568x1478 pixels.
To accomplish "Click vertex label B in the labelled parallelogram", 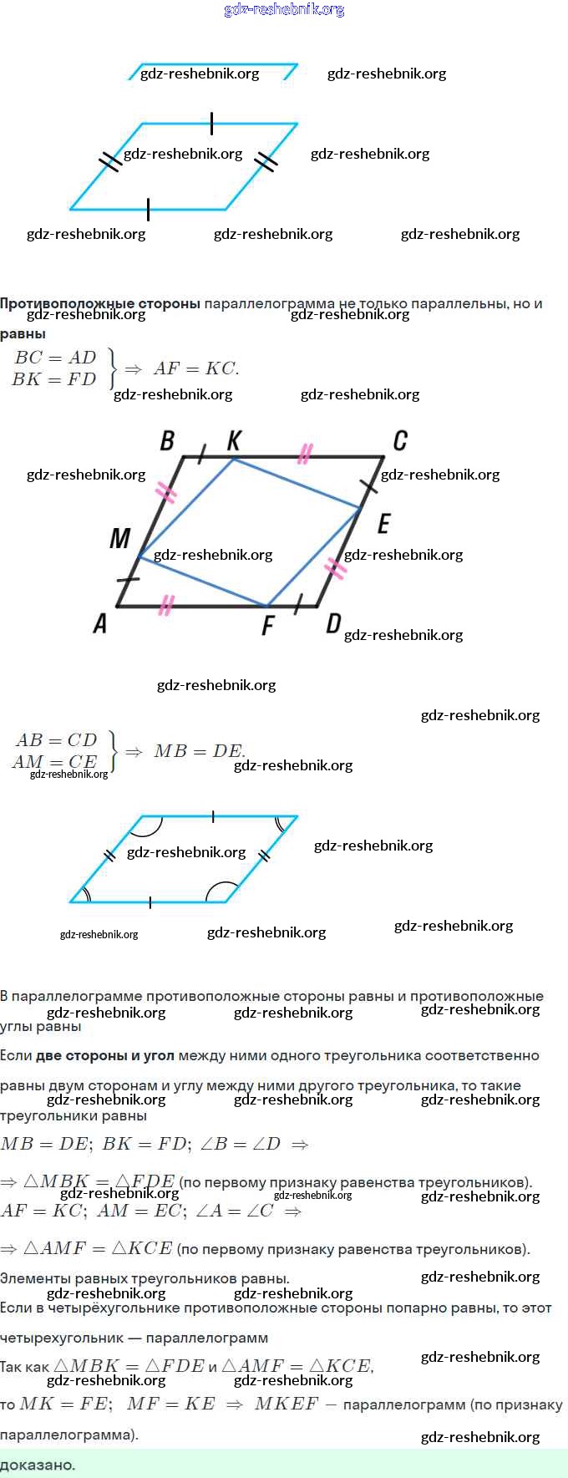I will click(x=167, y=440).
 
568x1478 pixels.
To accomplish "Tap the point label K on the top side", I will click(x=235, y=439).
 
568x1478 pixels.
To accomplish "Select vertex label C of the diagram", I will click(x=400, y=440).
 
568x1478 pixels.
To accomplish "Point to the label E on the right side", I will click(x=383, y=524).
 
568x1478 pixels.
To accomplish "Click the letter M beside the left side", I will click(x=119, y=538).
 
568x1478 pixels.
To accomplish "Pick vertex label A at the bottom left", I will click(x=100, y=623).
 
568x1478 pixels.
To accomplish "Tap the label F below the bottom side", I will click(x=267, y=625).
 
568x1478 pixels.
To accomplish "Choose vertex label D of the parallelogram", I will click(x=333, y=623).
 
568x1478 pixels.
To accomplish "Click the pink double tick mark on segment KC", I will click(x=305, y=454).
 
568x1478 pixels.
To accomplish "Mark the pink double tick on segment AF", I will click(x=166, y=605).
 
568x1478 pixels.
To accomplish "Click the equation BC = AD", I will click(x=56, y=358).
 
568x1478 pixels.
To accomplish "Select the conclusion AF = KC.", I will click(x=196, y=368).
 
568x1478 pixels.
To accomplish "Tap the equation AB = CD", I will click(x=56, y=740).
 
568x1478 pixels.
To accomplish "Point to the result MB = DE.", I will click(x=199, y=751).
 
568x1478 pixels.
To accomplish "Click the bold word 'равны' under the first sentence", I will click(x=23, y=334).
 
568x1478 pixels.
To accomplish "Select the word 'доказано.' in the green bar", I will click(x=38, y=1464).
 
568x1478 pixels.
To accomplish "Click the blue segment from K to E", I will click(x=297, y=483).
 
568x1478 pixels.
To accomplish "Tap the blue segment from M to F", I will click(x=202, y=581).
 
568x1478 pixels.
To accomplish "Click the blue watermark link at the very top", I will click(x=284, y=10).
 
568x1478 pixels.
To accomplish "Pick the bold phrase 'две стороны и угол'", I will click(x=105, y=1055).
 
